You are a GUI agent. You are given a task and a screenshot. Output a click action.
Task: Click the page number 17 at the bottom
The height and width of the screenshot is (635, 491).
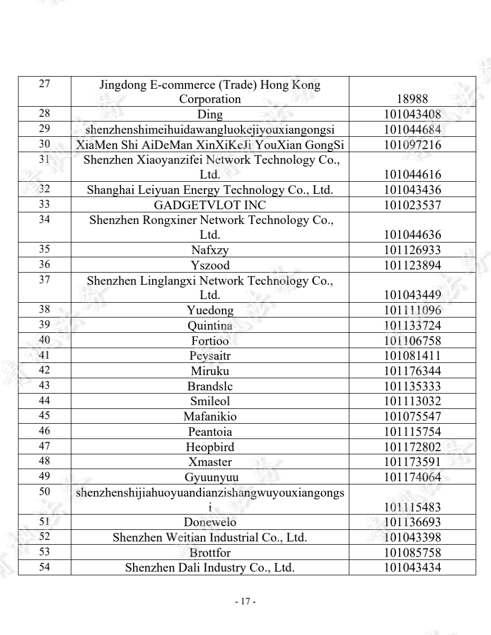click(245, 602)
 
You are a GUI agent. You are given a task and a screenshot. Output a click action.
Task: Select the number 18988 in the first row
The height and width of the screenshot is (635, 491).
click(412, 99)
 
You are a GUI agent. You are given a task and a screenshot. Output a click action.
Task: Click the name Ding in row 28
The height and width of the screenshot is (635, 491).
click(210, 115)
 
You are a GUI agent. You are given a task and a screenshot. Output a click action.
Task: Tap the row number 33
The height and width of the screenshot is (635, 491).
click(44, 204)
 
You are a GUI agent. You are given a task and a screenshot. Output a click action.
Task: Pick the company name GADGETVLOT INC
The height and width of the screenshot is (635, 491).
click(210, 206)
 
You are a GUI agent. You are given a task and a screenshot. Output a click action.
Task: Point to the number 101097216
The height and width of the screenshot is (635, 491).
click(412, 145)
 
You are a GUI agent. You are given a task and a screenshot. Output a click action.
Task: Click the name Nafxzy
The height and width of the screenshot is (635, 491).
click(210, 250)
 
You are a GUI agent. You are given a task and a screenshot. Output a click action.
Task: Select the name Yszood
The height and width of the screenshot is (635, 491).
click(210, 266)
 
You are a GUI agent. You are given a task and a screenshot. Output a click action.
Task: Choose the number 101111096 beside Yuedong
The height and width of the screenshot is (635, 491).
click(412, 311)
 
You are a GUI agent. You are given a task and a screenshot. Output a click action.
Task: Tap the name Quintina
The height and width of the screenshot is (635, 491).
click(210, 326)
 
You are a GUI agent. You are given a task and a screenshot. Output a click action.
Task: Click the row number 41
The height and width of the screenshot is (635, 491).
click(44, 355)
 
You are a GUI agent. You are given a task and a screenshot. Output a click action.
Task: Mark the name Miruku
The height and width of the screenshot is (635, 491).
click(210, 371)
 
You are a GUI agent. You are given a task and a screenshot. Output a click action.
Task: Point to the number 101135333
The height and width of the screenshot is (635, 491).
click(412, 386)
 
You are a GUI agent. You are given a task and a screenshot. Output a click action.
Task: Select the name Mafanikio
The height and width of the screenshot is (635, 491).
click(210, 417)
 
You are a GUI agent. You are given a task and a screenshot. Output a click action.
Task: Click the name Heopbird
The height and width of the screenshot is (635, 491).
click(210, 447)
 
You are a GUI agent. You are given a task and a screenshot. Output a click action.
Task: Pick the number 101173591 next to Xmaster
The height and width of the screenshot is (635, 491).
click(412, 462)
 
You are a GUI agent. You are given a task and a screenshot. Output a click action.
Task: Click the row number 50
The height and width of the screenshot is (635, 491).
click(44, 491)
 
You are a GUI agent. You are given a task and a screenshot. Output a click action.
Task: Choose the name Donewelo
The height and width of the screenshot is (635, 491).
click(210, 523)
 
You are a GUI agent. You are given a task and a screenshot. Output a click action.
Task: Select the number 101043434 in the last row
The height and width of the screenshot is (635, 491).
click(412, 568)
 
